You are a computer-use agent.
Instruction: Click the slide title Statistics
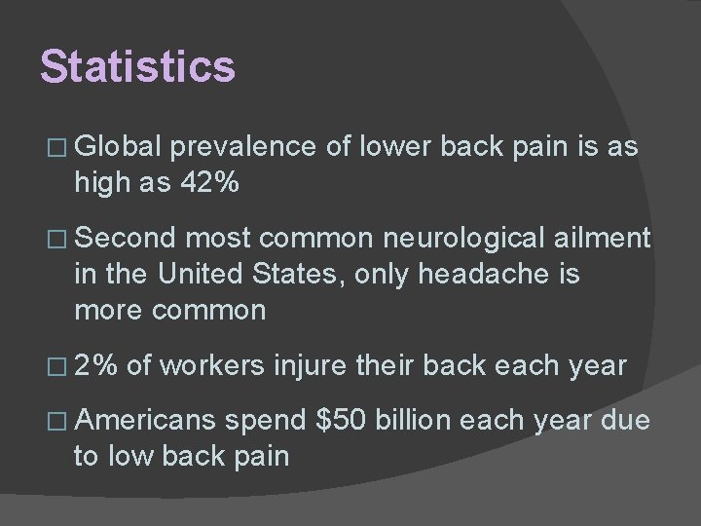click(x=137, y=67)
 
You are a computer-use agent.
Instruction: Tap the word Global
click(x=120, y=147)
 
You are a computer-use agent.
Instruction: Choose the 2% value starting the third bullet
click(x=96, y=366)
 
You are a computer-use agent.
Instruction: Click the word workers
click(x=212, y=366)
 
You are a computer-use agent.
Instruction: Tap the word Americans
click(x=144, y=421)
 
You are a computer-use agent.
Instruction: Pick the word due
click(x=622, y=421)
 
